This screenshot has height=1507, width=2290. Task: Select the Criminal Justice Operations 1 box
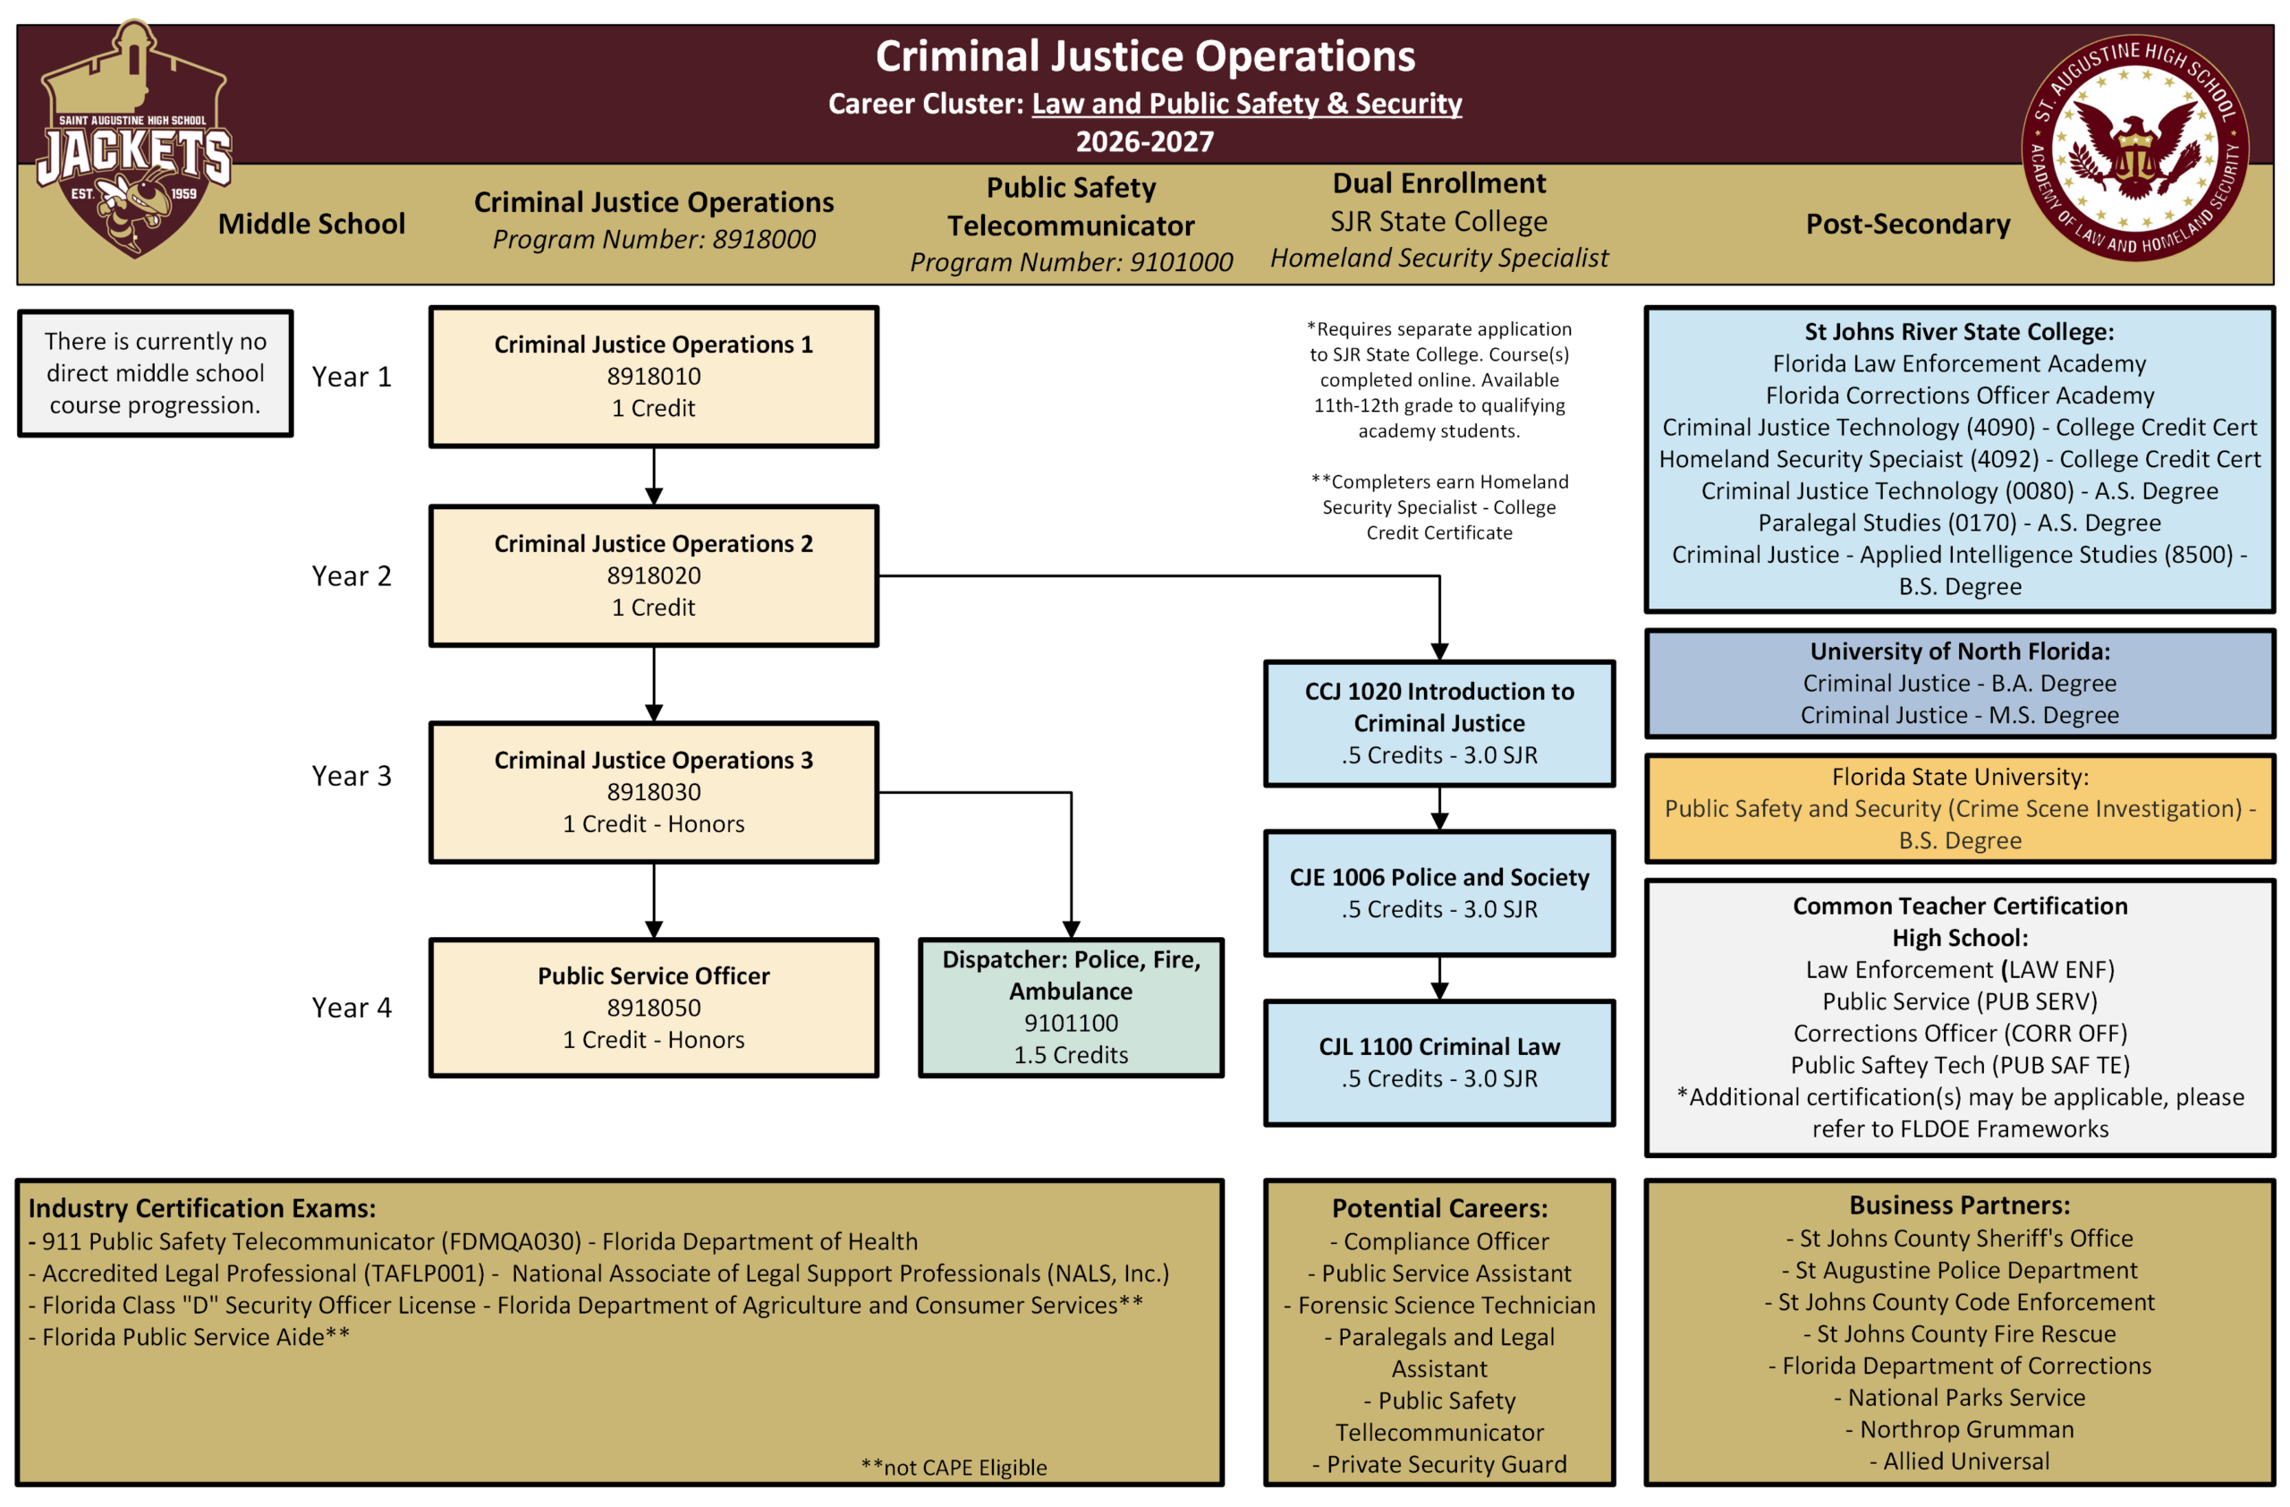653,376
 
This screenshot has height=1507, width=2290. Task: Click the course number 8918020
653,575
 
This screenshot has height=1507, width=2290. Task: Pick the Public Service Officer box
653,1008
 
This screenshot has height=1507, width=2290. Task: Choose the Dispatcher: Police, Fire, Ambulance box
1070,1008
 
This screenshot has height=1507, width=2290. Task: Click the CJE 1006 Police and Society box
1438,893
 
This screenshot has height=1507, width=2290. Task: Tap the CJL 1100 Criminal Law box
1438,1062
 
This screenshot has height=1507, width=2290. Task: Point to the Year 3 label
352,776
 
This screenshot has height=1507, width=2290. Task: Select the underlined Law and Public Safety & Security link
1246,104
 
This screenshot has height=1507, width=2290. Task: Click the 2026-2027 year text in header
1144,142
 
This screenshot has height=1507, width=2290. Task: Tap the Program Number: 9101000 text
1070,261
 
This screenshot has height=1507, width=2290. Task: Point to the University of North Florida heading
1959,651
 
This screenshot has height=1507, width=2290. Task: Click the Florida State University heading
1959,777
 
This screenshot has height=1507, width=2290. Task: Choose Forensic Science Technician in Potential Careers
1439,1305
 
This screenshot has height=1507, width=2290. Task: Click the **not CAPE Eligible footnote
954,1468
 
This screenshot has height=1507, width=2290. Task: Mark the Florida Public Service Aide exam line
190,1337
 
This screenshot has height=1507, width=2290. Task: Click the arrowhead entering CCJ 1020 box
1438,651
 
